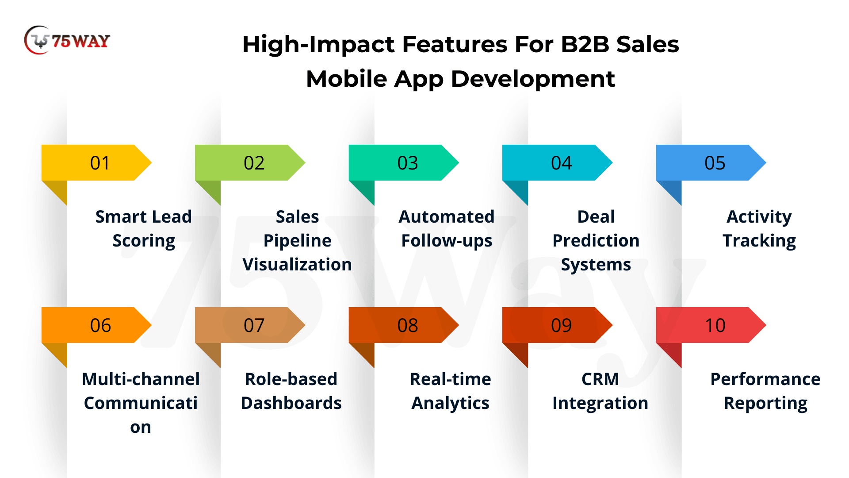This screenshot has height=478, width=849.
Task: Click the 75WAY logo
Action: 67,40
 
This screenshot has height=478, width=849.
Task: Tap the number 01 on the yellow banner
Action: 100,163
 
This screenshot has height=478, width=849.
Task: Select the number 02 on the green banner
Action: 254,163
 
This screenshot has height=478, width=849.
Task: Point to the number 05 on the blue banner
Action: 715,163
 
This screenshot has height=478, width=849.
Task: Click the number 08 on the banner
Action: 408,325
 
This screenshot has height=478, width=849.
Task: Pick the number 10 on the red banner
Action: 715,325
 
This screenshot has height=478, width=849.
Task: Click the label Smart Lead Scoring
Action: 144,229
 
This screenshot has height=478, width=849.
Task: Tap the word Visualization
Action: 297,264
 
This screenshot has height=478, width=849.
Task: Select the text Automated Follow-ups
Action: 447,229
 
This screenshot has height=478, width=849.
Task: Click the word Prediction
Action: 596,240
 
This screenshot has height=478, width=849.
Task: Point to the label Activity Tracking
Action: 759,229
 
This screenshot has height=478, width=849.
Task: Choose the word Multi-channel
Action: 141,379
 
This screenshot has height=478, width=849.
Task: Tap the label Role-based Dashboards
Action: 291,391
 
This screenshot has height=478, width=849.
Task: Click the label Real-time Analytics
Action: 451,391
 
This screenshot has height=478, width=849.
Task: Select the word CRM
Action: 600,379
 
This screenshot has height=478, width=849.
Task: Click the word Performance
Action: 765,379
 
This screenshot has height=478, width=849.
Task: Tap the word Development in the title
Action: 533,79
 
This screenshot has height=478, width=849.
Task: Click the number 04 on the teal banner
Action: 561,163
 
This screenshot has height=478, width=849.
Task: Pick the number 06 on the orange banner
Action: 100,325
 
